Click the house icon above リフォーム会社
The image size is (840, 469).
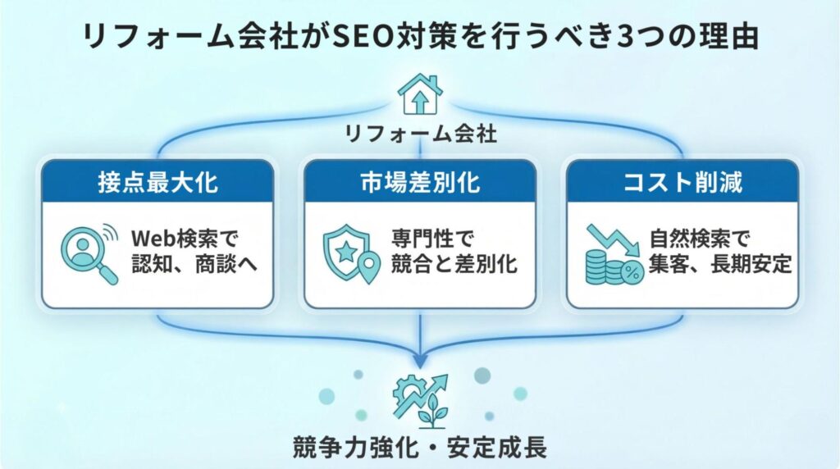(419, 95)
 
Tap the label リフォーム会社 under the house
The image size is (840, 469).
(420, 133)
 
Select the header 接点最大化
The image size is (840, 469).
(157, 181)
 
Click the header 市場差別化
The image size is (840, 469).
(420, 181)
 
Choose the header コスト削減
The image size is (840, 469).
(682, 181)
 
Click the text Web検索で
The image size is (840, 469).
(184, 239)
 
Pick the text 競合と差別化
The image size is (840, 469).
(456, 266)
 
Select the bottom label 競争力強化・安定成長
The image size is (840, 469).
(420, 448)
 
